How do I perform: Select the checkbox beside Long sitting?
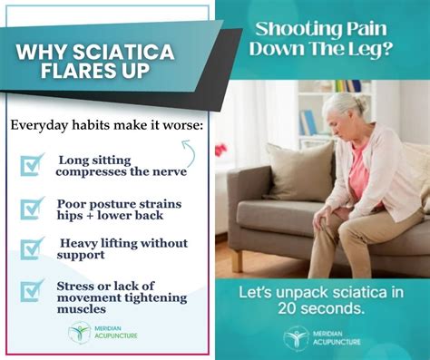33,164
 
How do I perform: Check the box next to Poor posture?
33,207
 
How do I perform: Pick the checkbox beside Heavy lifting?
33,248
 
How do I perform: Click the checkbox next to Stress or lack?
33,290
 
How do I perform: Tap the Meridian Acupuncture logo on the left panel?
80,332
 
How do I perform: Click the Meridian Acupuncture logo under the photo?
297,338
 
